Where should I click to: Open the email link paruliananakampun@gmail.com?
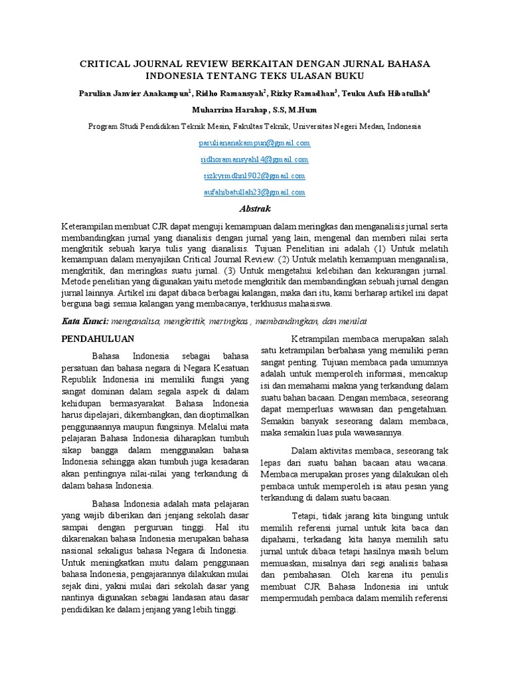pos(255,143)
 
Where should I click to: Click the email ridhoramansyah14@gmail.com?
pos(255,159)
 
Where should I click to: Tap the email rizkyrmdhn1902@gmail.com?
pos(255,176)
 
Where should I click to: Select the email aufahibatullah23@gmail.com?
pos(255,193)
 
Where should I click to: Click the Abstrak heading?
pos(255,209)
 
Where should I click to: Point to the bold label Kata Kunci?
pos(85,321)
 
